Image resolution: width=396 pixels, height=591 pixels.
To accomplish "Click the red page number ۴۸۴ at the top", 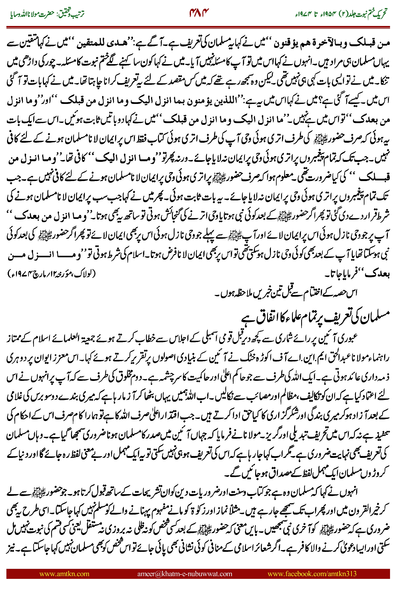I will (x=199, y=13).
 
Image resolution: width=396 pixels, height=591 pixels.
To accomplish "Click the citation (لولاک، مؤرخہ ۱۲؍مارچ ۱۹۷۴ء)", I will (x=52, y=273).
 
